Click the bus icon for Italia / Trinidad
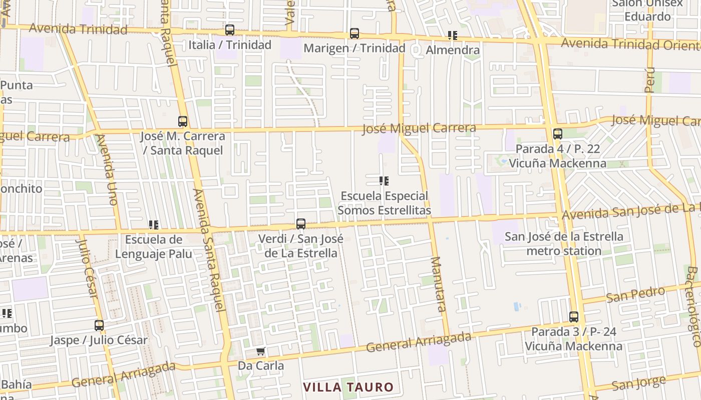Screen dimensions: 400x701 (x=230, y=30)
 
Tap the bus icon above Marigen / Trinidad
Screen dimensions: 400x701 (x=355, y=33)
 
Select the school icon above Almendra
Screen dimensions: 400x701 (x=453, y=35)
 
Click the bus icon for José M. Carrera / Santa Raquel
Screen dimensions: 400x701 (x=183, y=121)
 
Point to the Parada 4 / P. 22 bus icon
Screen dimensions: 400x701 (x=558, y=134)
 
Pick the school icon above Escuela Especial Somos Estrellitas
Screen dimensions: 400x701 (x=384, y=181)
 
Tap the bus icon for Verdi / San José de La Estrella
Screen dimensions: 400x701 (x=301, y=224)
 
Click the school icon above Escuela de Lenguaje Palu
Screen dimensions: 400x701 (x=154, y=225)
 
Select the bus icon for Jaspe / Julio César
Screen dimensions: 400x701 (x=99, y=325)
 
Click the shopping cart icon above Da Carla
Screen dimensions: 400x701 (x=260, y=351)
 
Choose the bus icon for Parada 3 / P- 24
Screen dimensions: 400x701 (x=574, y=317)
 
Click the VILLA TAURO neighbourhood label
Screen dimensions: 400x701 (x=348, y=387)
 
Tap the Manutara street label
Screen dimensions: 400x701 (x=438, y=284)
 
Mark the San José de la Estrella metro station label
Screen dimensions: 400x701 (x=564, y=243)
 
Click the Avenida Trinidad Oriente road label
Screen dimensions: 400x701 (x=630, y=44)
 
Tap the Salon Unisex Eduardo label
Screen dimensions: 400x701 (x=648, y=10)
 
